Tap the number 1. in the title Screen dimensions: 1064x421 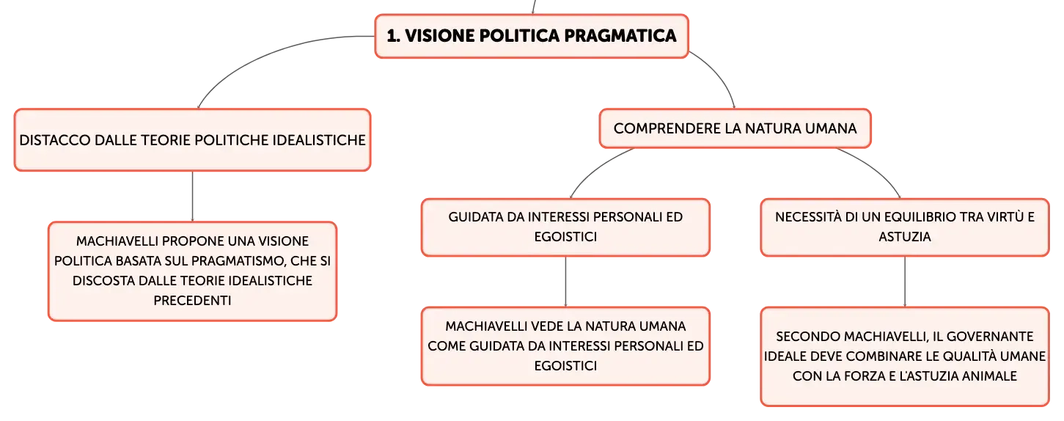[393, 36]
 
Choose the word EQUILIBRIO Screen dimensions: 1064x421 [917, 216]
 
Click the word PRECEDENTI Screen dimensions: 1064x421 [192, 300]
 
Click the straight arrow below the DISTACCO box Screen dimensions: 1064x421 [192, 197]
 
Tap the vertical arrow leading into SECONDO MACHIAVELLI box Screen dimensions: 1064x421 [904, 282]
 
